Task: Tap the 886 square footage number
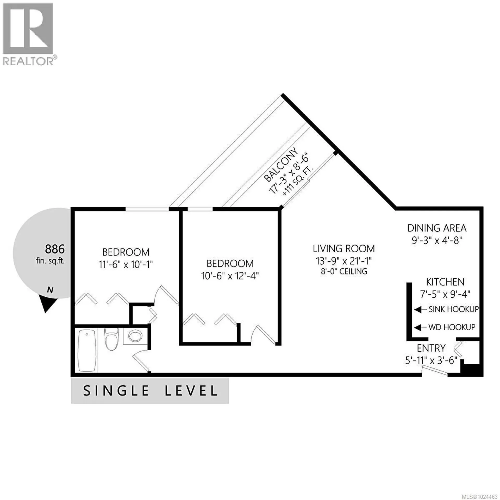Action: click(x=55, y=249)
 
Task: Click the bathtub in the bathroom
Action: click(x=87, y=351)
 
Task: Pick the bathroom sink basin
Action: click(x=135, y=336)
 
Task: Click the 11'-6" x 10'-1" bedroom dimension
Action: click(x=126, y=265)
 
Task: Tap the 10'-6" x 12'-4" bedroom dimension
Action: click(x=230, y=276)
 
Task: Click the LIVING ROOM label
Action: click(x=344, y=249)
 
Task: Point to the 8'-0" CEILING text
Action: click(x=344, y=271)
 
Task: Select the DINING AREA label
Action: click(x=437, y=228)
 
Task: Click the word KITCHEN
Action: click(x=445, y=282)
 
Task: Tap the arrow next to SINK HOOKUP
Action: click(x=418, y=310)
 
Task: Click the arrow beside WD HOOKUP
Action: click(x=418, y=327)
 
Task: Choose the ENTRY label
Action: click(x=431, y=348)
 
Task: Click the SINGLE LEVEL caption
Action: click(x=150, y=391)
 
